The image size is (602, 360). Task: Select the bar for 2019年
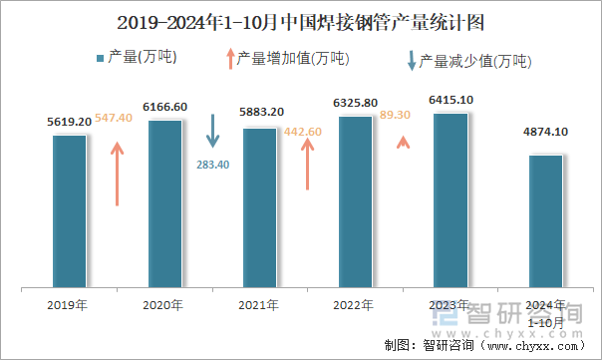click(70, 209)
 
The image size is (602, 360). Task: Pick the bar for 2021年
click(260, 206)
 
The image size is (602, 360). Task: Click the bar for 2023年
click(451, 199)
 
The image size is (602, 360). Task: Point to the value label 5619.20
click(70, 122)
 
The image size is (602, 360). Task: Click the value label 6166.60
click(165, 107)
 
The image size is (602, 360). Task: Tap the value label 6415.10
click(451, 100)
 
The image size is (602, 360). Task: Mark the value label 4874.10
click(545, 132)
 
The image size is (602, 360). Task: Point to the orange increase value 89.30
click(402, 116)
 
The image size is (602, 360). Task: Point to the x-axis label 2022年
click(355, 305)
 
